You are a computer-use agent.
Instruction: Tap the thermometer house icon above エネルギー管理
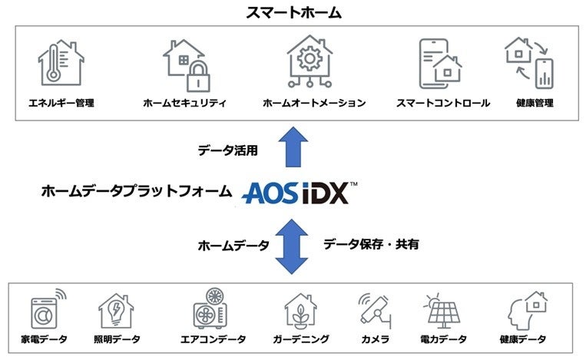pyautogui.click(x=60, y=64)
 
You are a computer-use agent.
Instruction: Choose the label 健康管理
pyautogui.click(x=535, y=103)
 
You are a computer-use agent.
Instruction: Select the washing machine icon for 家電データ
pyautogui.click(x=47, y=309)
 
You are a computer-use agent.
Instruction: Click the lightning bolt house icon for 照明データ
pyautogui.click(x=116, y=311)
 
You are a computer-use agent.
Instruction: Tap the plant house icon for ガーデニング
pyautogui.click(x=300, y=311)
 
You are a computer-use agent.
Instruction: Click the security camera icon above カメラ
pyautogui.click(x=375, y=309)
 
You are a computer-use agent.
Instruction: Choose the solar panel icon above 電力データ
pyautogui.click(x=444, y=311)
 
